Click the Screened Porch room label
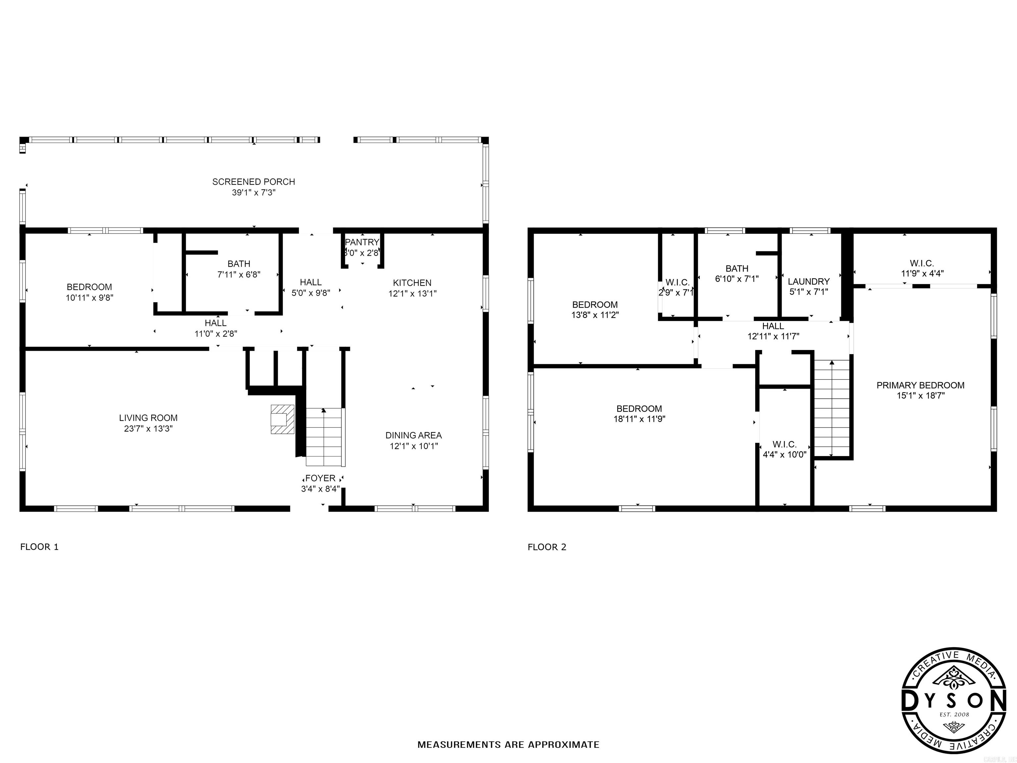(x=253, y=182)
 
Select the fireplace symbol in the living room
(x=282, y=419)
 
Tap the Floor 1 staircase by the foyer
(x=324, y=437)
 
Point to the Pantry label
(x=362, y=242)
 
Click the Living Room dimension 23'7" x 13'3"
(x=148, y=429)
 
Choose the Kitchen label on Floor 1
(x=412, y=283)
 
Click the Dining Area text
(x=413, y=435)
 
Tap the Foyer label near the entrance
(x=320, y=478)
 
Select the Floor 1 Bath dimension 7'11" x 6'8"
(x=239, y=275)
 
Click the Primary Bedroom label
(x=920, y=385)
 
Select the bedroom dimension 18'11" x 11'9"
(x=639, y=419)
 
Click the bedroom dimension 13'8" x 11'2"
(x=595, y=315)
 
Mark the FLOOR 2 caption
(x=547, y=547)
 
